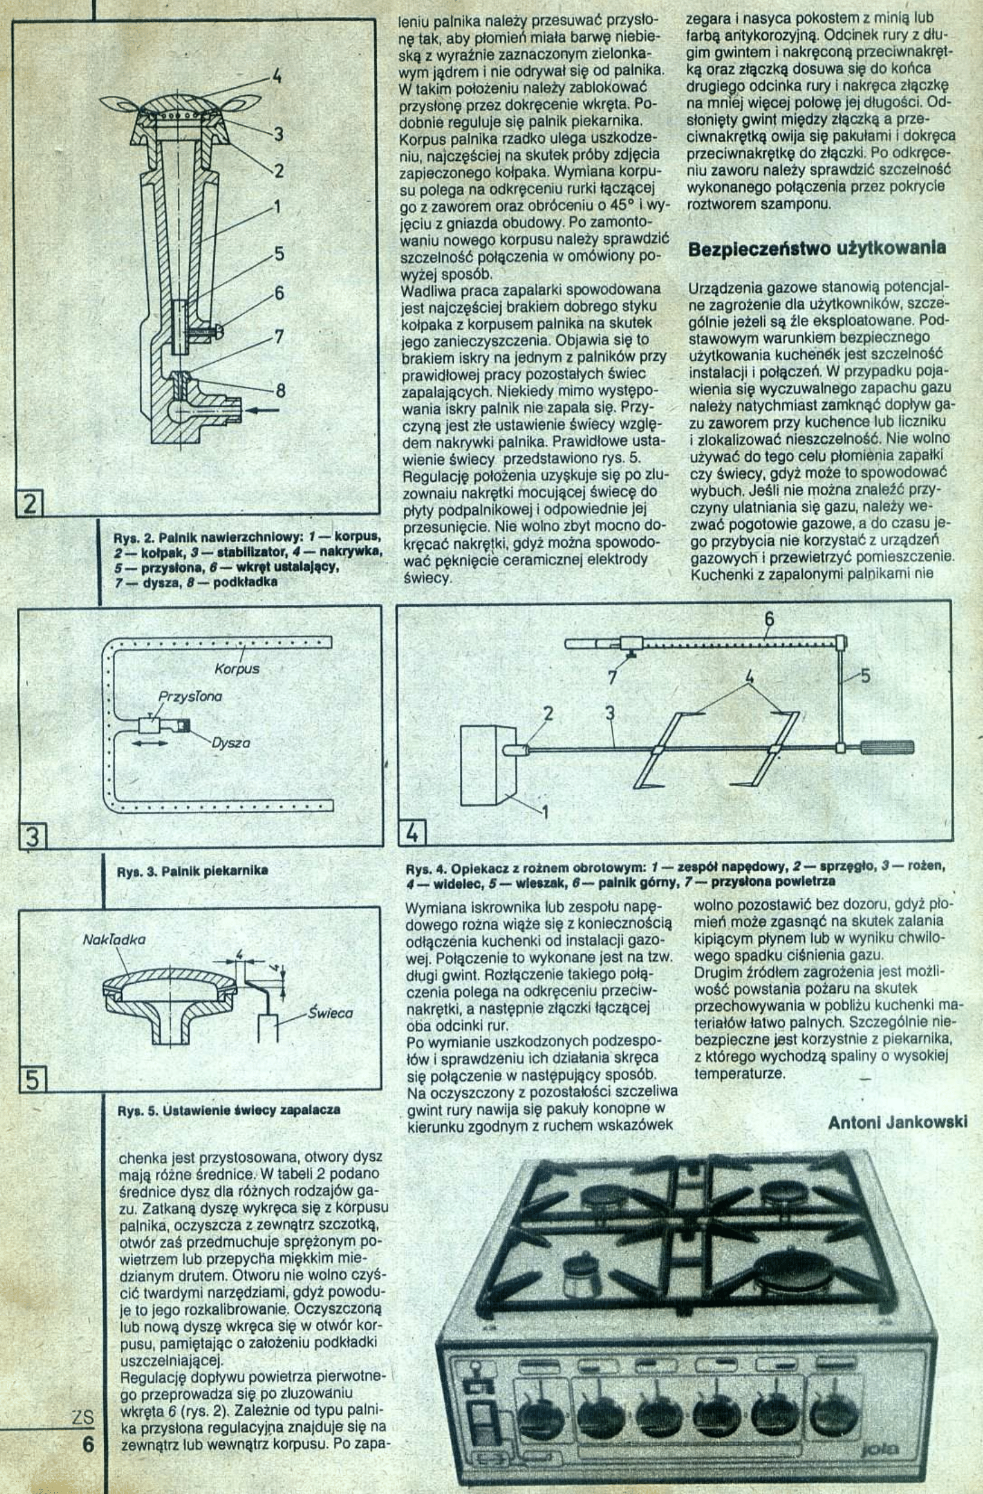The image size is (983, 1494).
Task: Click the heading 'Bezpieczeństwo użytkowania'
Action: click(817, 249)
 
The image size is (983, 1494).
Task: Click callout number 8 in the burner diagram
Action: click(281, 391)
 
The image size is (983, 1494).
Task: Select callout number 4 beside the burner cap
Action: click(276, 79)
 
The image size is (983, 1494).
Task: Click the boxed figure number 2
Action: click(28, 504)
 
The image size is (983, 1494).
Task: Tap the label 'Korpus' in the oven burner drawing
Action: click(237, 669)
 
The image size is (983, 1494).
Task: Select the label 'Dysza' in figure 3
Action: click(230, 743)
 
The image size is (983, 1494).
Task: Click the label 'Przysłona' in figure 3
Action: click(190, 697)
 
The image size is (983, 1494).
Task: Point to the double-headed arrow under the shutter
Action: click(152, 743)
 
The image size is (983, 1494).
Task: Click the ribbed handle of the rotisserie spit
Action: click(887, 748)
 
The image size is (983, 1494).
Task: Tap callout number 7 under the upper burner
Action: click(612, 677)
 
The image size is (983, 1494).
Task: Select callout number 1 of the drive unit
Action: click(545, 813)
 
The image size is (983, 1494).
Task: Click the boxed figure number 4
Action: click(412, 833)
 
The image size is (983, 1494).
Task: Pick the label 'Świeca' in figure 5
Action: click(330, 1013)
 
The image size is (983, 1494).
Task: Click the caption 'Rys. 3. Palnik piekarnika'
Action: click(192, 870)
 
